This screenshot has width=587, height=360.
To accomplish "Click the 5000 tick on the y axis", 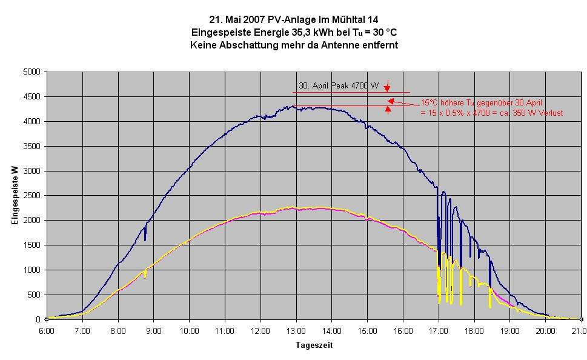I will [x=32, y=72].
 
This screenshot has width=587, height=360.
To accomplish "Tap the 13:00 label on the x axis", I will [x=296, y=330].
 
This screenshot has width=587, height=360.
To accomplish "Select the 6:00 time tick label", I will [x=47, y=330].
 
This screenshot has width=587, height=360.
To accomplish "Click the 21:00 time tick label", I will [x=580, y=330].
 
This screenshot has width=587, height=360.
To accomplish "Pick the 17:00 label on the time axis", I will [x=438, y=330].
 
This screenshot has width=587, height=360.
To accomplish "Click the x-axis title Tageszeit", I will [x=314, y=345].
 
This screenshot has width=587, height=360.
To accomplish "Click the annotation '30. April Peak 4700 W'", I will [x=339, y=86].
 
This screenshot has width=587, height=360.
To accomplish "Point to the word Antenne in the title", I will [x=337, y=45].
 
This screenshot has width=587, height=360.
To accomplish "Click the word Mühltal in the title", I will [x=335, y=19].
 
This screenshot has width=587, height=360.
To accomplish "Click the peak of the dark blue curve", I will [x=293, y=107].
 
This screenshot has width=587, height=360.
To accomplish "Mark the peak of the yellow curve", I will [x=293, y=207].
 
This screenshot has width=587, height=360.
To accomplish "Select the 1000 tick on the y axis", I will [x=32, y=270].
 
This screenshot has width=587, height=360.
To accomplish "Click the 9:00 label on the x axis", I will [x=153, y=330].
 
